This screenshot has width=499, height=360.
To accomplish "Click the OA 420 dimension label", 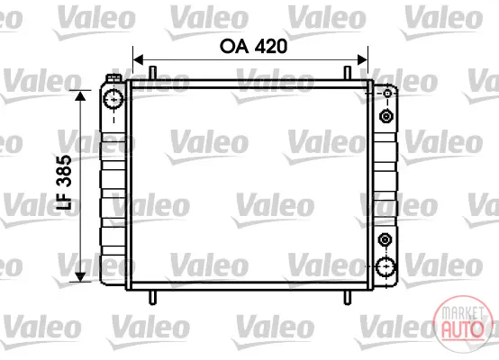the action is tap(253, 47).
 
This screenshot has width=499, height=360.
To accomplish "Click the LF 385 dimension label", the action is tap(64, 182).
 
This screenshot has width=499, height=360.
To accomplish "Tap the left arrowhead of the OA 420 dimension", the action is tap(138, 59).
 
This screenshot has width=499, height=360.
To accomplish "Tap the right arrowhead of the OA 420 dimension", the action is tap(362, 59).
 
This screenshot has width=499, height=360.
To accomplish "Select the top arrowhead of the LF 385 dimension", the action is tap(80, 95).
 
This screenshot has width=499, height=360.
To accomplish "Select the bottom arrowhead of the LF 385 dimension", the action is tap(80, 276).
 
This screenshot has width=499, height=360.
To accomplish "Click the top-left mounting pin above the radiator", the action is tap(153, 73).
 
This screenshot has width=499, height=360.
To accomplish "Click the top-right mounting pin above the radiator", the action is tap(348, 73).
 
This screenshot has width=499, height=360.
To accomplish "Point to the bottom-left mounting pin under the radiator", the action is tap(153, 298).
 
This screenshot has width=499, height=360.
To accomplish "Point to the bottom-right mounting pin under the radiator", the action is tap(348, 298).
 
